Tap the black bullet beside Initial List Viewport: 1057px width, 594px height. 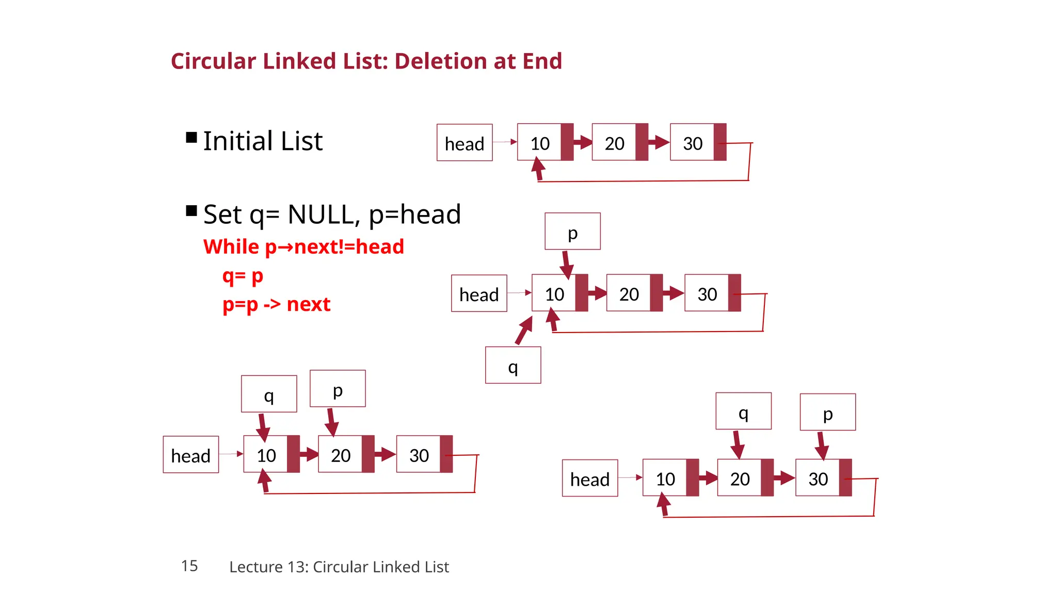(x=191, y=138)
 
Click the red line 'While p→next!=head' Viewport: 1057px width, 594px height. (x=303, y=247)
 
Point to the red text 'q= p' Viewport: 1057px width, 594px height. (x=243, y=276)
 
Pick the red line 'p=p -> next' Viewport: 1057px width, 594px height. (x=276, y=305)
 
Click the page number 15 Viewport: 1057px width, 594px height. (x=189, y=566)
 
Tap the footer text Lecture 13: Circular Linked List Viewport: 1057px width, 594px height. (x=339, y=567)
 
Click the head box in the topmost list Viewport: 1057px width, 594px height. (x=465, y=143)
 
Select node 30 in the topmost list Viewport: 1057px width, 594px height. (x=693, y=143)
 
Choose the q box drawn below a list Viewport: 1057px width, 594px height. (x=513, y=365)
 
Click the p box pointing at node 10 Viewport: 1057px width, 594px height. (x=572, y=232)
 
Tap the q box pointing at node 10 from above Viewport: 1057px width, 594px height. (x=269, y=394)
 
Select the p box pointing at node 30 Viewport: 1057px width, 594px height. (x=828, y=412)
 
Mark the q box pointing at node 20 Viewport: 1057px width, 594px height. (x=743, y=411)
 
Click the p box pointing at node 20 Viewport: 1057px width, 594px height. (x=338, y=389)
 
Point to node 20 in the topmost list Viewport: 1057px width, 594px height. (x=614, y=143)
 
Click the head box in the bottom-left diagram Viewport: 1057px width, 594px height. (x=191, y=455)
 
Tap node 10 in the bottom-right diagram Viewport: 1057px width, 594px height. (x=665, y=478)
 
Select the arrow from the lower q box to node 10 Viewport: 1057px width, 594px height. (x=524, y=331)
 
